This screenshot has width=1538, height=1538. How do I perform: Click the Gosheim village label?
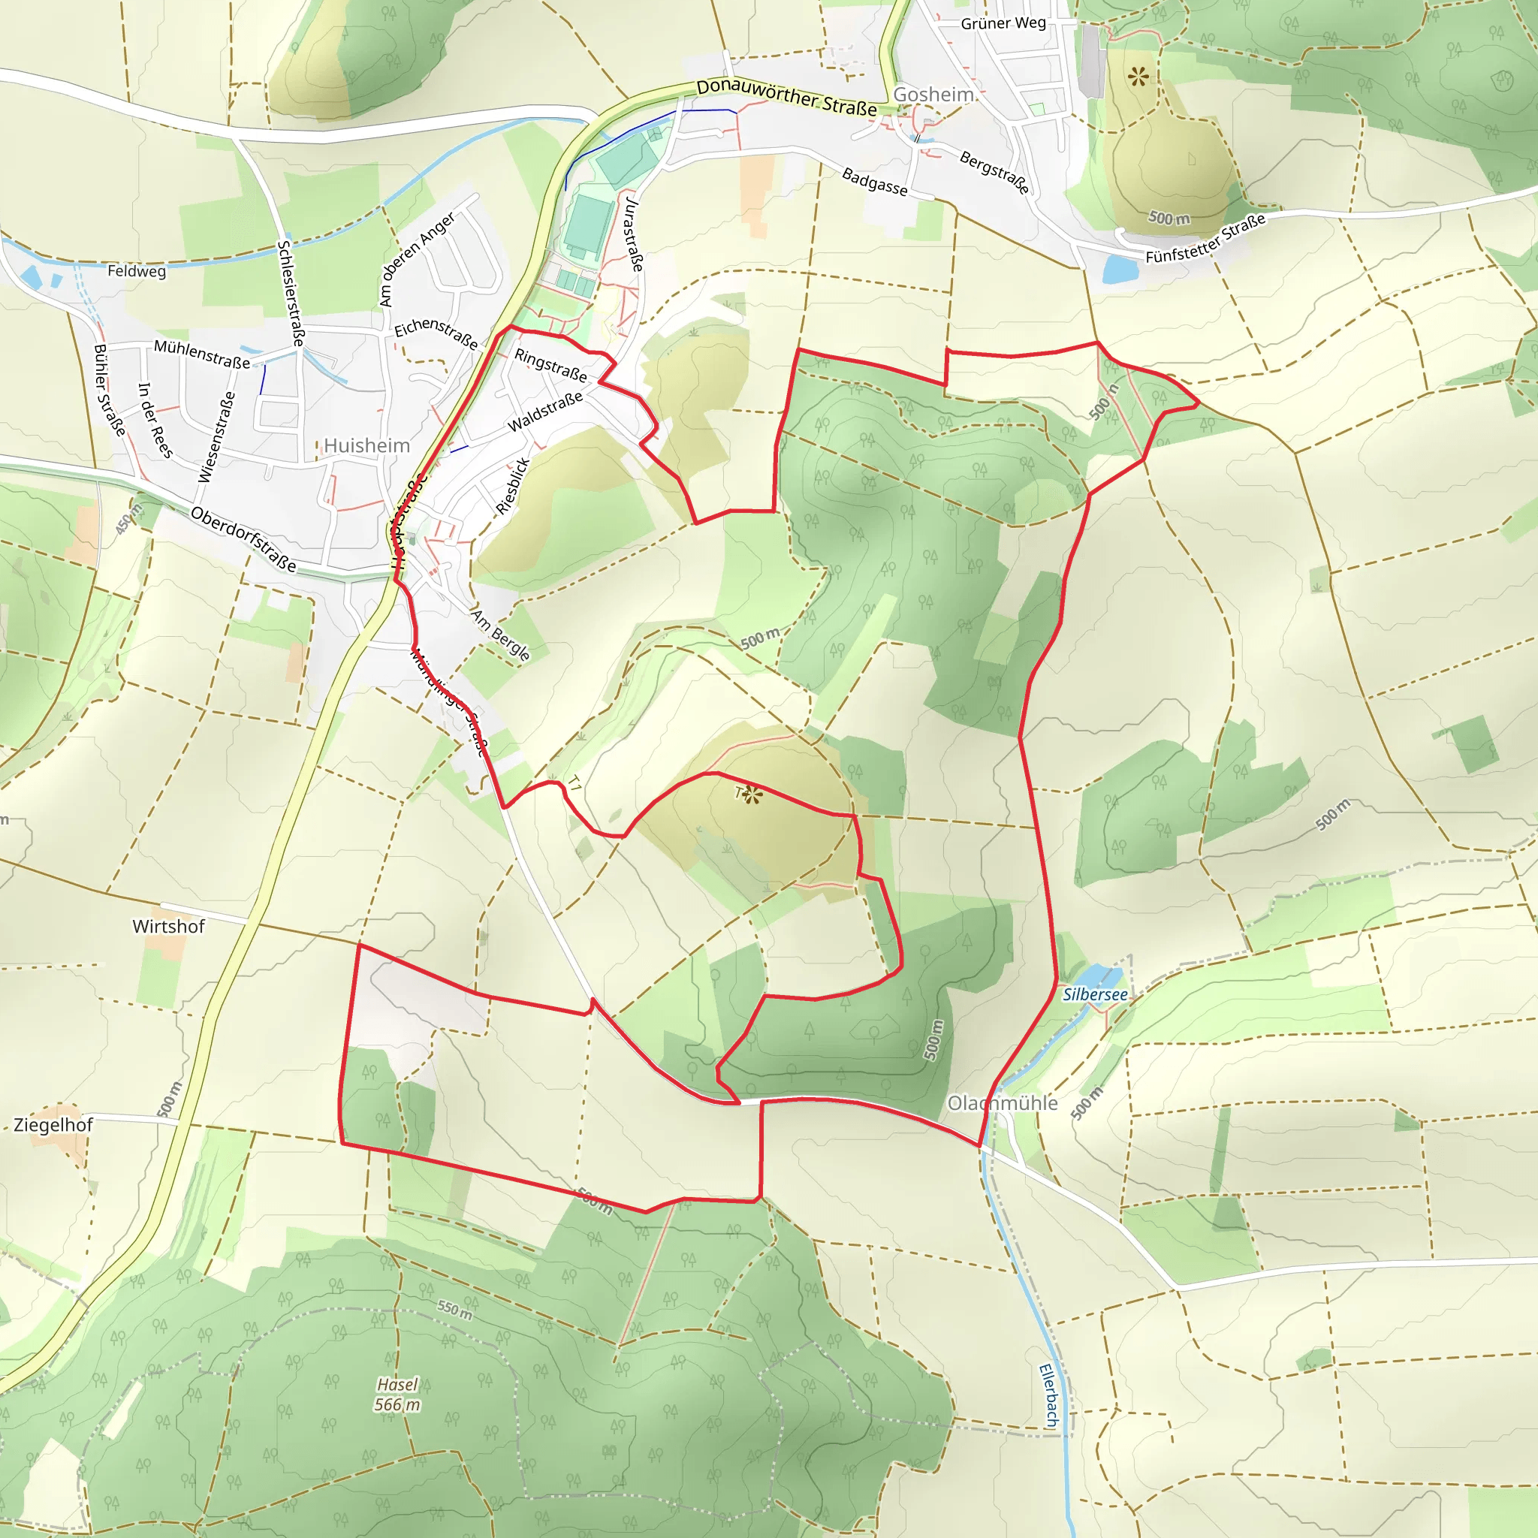(x=933, y=95)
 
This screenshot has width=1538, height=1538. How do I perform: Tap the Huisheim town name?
(x=367, y=446)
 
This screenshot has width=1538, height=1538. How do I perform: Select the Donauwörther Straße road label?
(x=786, y=98)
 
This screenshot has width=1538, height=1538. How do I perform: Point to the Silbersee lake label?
(x=1096, y=994)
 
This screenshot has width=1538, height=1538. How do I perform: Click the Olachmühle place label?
(x=1003, y=1102)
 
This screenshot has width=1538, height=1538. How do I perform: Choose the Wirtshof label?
(x=169, y=927)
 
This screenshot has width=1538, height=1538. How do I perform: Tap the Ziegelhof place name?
(x=53, y=1125)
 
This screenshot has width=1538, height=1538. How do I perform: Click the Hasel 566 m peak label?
(x=397, y=1395)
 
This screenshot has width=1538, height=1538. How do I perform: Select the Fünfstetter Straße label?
(x=1205, y=238)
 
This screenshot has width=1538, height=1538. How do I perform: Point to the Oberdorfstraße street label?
(x=243, y=540)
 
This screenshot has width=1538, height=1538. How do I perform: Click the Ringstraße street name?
(x=551, y=364)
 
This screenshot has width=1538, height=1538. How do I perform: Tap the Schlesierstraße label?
(x=291, y=293)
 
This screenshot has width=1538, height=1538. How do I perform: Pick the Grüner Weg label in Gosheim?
(x=1003, y=23)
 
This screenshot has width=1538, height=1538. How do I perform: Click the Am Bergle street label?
(x=500, y=635)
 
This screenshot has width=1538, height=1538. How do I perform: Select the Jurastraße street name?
(x=633, y=235)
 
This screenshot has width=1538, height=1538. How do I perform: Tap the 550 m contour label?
(x=454, y=1310)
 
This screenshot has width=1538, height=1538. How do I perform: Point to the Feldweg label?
(x=137, y=270)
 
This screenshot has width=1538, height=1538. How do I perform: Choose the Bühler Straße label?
(x=110, y=390)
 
